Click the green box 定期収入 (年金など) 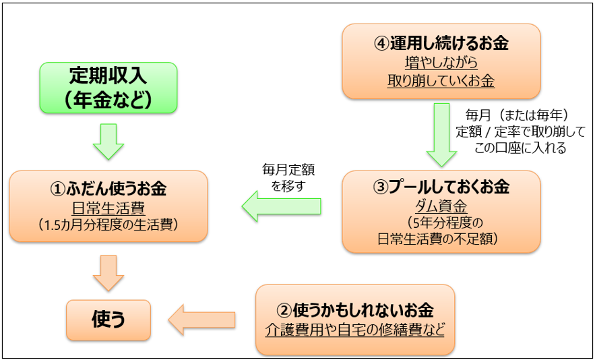coord(108,88)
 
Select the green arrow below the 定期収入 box coord(108,142)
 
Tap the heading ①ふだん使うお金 coord(108,189)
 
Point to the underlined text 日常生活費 coord(108,208)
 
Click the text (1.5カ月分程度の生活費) coord(108,224)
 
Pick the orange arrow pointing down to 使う coord(108,273)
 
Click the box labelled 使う coord(108,320)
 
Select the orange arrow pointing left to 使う coord(202,320)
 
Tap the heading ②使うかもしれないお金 coord(355,311)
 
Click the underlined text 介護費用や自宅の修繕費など coord(355,329)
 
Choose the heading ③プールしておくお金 coord(441,187)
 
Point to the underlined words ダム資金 coord(441,207)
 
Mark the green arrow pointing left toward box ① coord(282,206)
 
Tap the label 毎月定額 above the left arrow coord(288,170)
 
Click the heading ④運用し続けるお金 coord(441,44)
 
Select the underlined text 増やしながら coord(441,63)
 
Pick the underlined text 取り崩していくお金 coord(441,81)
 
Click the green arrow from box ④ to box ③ coord(441,135)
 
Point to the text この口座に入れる coord(520,148)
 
